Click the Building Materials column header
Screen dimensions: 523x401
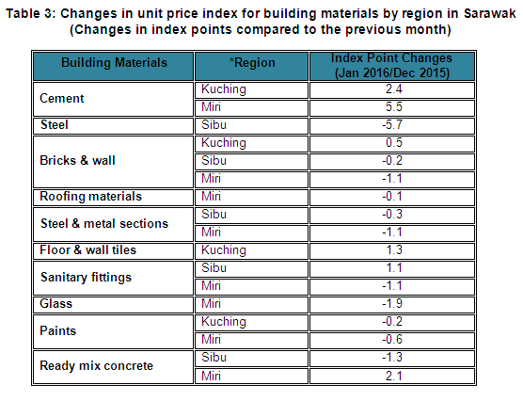[114, 63]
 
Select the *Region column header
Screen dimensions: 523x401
[252, 63]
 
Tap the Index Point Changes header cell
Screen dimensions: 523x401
[392, 66]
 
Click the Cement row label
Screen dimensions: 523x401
[62, 99]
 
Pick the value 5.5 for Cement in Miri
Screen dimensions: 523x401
[394, 107]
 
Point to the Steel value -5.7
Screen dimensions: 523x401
[392, 125]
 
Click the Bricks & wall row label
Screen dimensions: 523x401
[77, 161]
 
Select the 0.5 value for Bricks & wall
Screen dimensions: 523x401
[394, 143]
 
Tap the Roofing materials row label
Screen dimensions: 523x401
[90, 197]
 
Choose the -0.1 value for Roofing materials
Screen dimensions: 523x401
[392, 197]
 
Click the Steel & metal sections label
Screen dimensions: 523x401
[104, 224]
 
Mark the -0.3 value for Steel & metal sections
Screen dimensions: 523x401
[392, 215]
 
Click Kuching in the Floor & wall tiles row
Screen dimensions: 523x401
[224, 250]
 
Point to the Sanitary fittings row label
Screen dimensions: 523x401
[86, 278]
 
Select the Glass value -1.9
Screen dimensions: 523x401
[392, 304]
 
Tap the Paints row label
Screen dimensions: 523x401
[57, 331]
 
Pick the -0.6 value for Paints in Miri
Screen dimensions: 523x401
[392, 340]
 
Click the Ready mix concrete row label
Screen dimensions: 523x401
[96, 366]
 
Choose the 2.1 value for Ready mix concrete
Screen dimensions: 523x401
[394, 377]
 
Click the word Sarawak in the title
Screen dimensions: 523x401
[490, 14]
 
